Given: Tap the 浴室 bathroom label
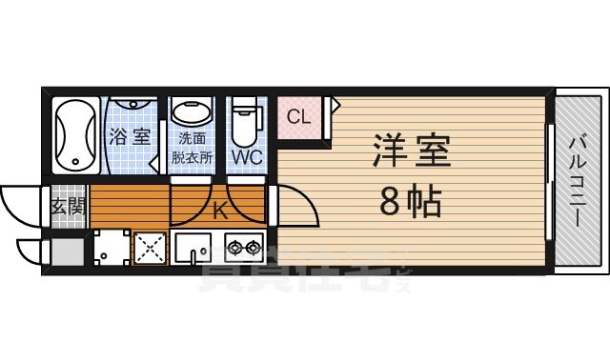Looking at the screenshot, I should pos(129,136).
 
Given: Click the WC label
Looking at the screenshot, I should pos(248,155).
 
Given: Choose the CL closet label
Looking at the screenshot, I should pos(298,118).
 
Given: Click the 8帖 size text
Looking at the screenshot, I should pos(410,200).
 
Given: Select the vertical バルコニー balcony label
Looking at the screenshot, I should pos(579,181).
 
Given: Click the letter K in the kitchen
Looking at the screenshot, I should pos(220,211).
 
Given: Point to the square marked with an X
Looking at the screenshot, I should pos(150,250).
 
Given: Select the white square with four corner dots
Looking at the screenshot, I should pos(111,250).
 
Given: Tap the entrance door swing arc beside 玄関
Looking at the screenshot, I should pos(21,202).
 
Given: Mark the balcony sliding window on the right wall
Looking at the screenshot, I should pos(548,181).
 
